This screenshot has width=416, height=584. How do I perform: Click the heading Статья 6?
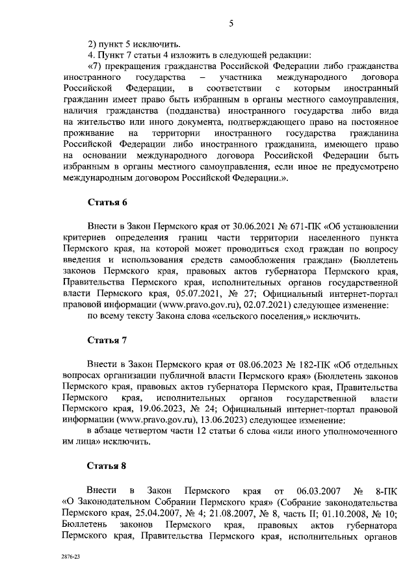pyautogui.click(x=107, y=203)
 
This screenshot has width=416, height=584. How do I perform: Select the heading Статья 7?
pyautogui.click(x=107, y=340)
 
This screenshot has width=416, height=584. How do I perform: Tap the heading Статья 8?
pyautogui.click(x=107, y=466)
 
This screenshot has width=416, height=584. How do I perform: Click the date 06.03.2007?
pyautogui.click(x=299, y=489)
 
